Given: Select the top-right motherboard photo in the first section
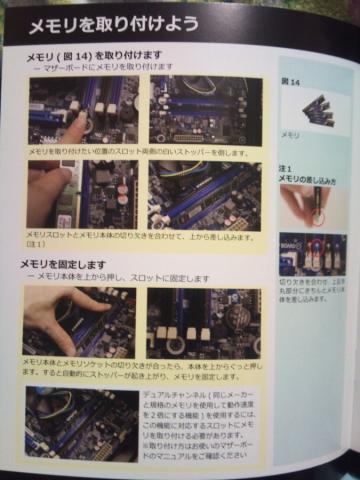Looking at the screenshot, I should tap(206, 110).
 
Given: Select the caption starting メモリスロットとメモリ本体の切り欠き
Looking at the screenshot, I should tap(140, 238).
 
